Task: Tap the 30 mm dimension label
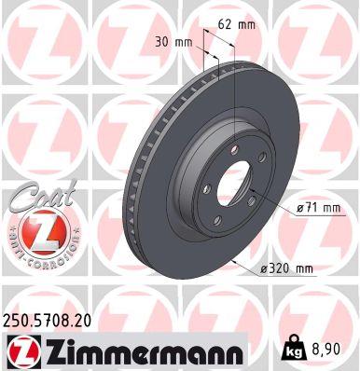point(174,43)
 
